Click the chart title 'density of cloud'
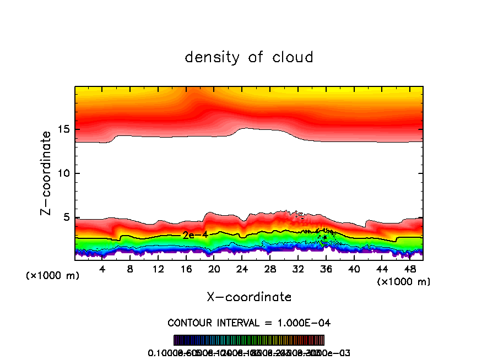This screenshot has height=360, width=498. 249,57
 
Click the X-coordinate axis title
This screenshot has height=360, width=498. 249,297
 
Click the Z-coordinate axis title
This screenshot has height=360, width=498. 46,173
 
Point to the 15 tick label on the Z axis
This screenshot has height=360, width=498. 63,130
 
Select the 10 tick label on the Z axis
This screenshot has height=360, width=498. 63,174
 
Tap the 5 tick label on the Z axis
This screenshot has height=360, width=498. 66,217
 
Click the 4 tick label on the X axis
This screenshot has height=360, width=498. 102,269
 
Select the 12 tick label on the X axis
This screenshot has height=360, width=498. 158,269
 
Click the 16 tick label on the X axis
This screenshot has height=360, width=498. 186,269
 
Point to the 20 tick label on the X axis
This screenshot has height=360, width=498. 214,269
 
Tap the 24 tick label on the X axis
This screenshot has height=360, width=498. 242,269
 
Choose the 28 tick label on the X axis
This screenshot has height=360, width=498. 270,269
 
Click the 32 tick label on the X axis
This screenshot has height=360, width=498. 298,269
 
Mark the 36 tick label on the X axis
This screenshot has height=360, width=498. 326,269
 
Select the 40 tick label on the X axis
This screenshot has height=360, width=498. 354,269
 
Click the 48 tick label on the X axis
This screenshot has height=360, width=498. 409,269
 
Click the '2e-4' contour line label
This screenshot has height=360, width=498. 195,235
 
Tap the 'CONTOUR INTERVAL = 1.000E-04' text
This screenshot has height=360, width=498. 249,323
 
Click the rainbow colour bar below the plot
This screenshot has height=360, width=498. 249,340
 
